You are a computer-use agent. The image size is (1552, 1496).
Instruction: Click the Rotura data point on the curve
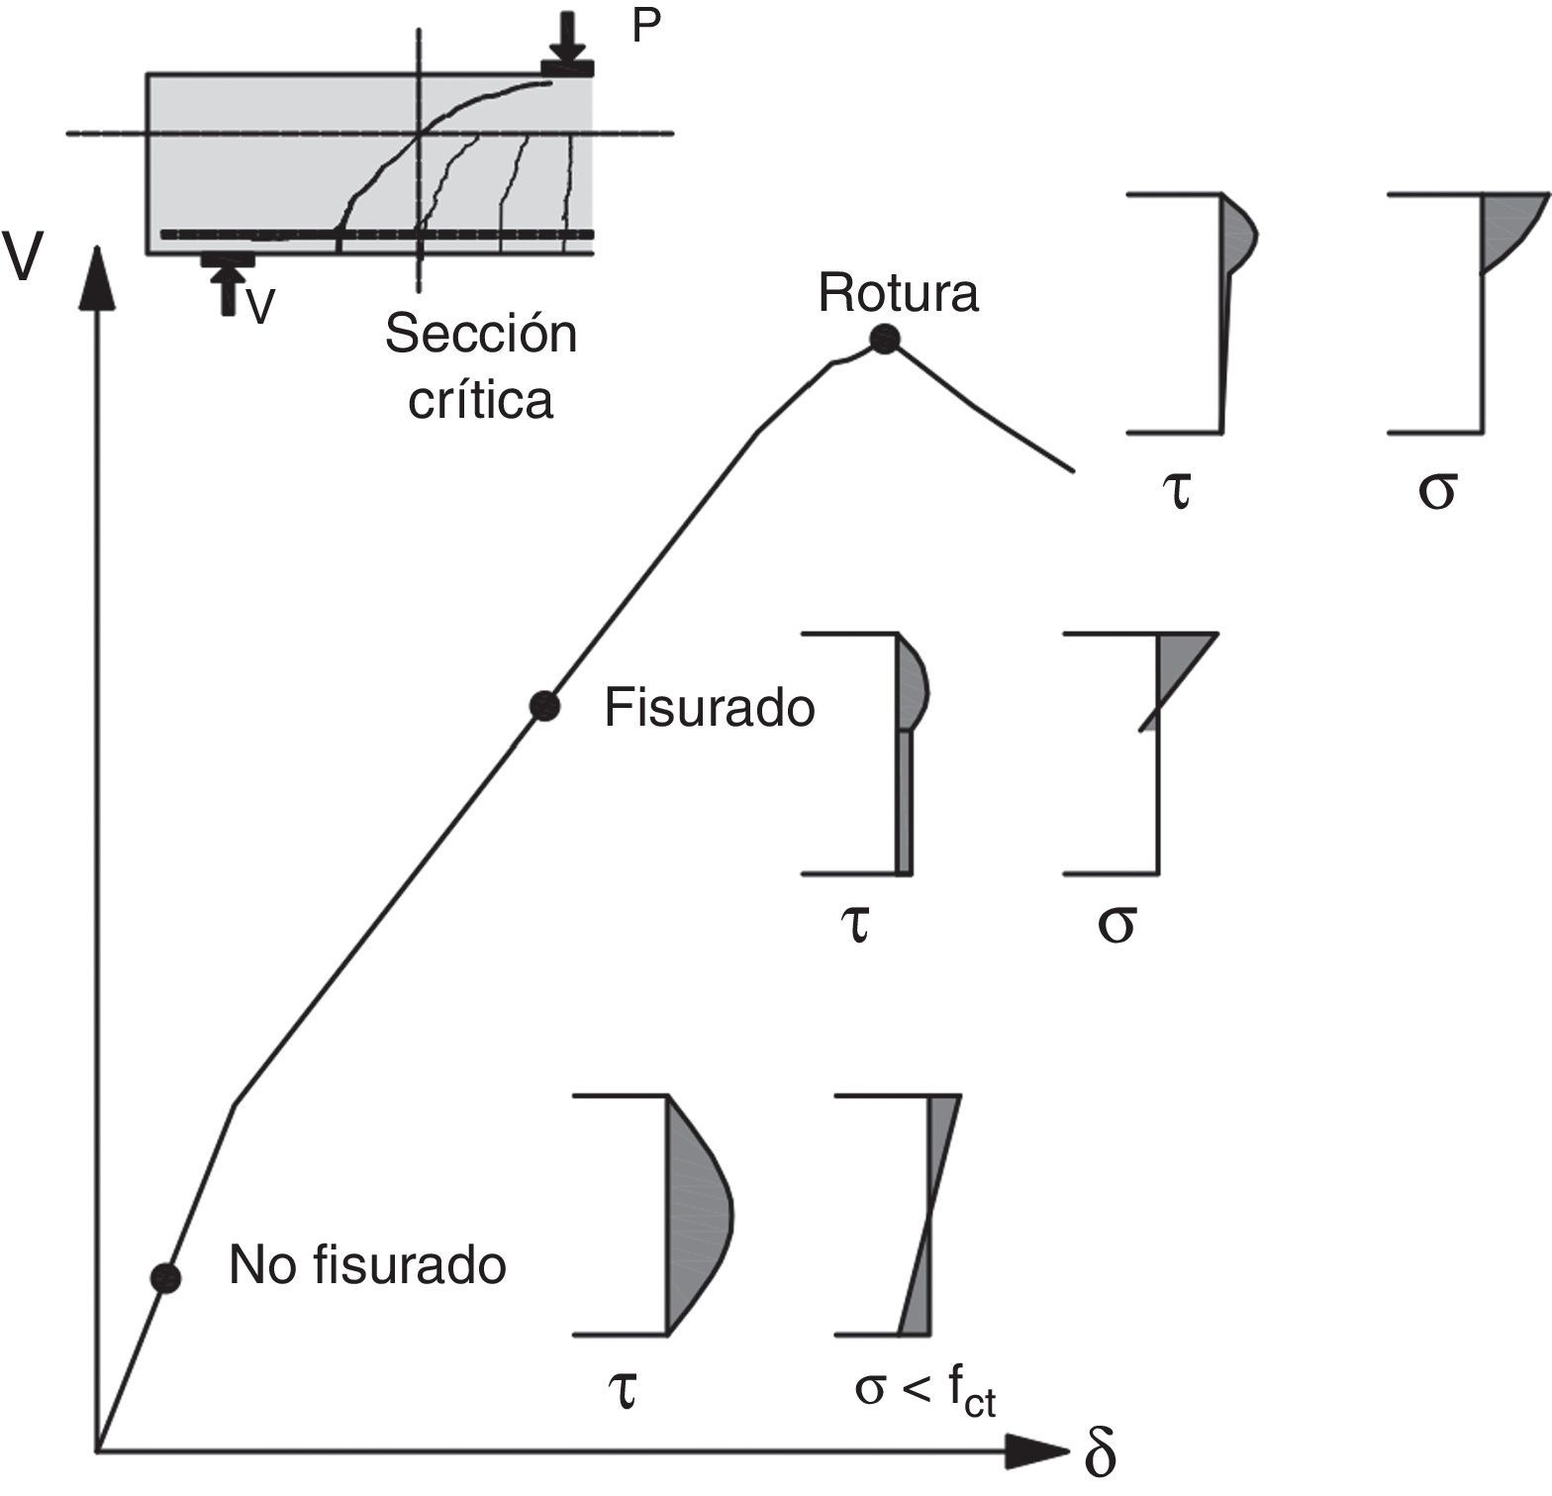click(884, 340)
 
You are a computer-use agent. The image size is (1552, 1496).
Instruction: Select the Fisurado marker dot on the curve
click(544, 706)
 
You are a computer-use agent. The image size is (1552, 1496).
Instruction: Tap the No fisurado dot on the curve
click(166, 1277)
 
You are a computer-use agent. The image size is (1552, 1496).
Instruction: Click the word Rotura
click(899, 294)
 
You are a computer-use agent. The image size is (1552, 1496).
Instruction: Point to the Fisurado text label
click(710, 709)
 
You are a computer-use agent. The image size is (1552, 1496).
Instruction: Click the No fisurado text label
click(367, 1264)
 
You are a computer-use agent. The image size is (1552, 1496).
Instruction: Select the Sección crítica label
click(481, 366)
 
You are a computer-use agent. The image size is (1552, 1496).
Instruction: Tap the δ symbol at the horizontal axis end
click(1100, 1454)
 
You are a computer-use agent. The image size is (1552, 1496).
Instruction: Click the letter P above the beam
click(645, 29)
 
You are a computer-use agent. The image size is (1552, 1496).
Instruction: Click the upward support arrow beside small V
click(229, 290)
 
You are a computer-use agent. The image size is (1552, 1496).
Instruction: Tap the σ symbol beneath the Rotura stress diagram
click(1436, 490)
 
